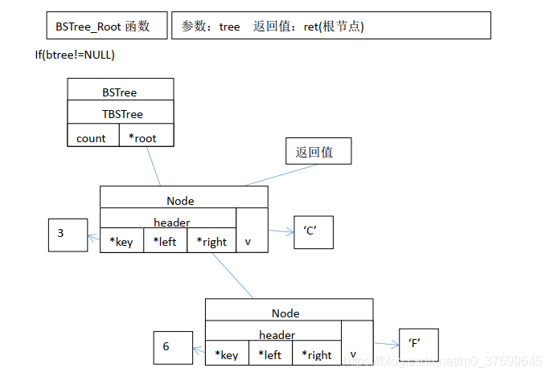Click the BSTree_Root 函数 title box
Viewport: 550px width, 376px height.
point(108,26)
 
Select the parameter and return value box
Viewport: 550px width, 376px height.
point(330,26)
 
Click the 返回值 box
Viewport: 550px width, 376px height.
point(318,151)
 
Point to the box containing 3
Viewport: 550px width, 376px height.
point(68,235)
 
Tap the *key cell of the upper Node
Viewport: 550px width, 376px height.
point(121,240)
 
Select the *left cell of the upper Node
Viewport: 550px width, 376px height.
point(165,240)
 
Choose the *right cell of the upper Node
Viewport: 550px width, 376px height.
point(211,240)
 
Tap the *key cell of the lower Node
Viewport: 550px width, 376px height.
point(227,354)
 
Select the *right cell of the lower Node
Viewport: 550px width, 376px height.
point(317,354)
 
